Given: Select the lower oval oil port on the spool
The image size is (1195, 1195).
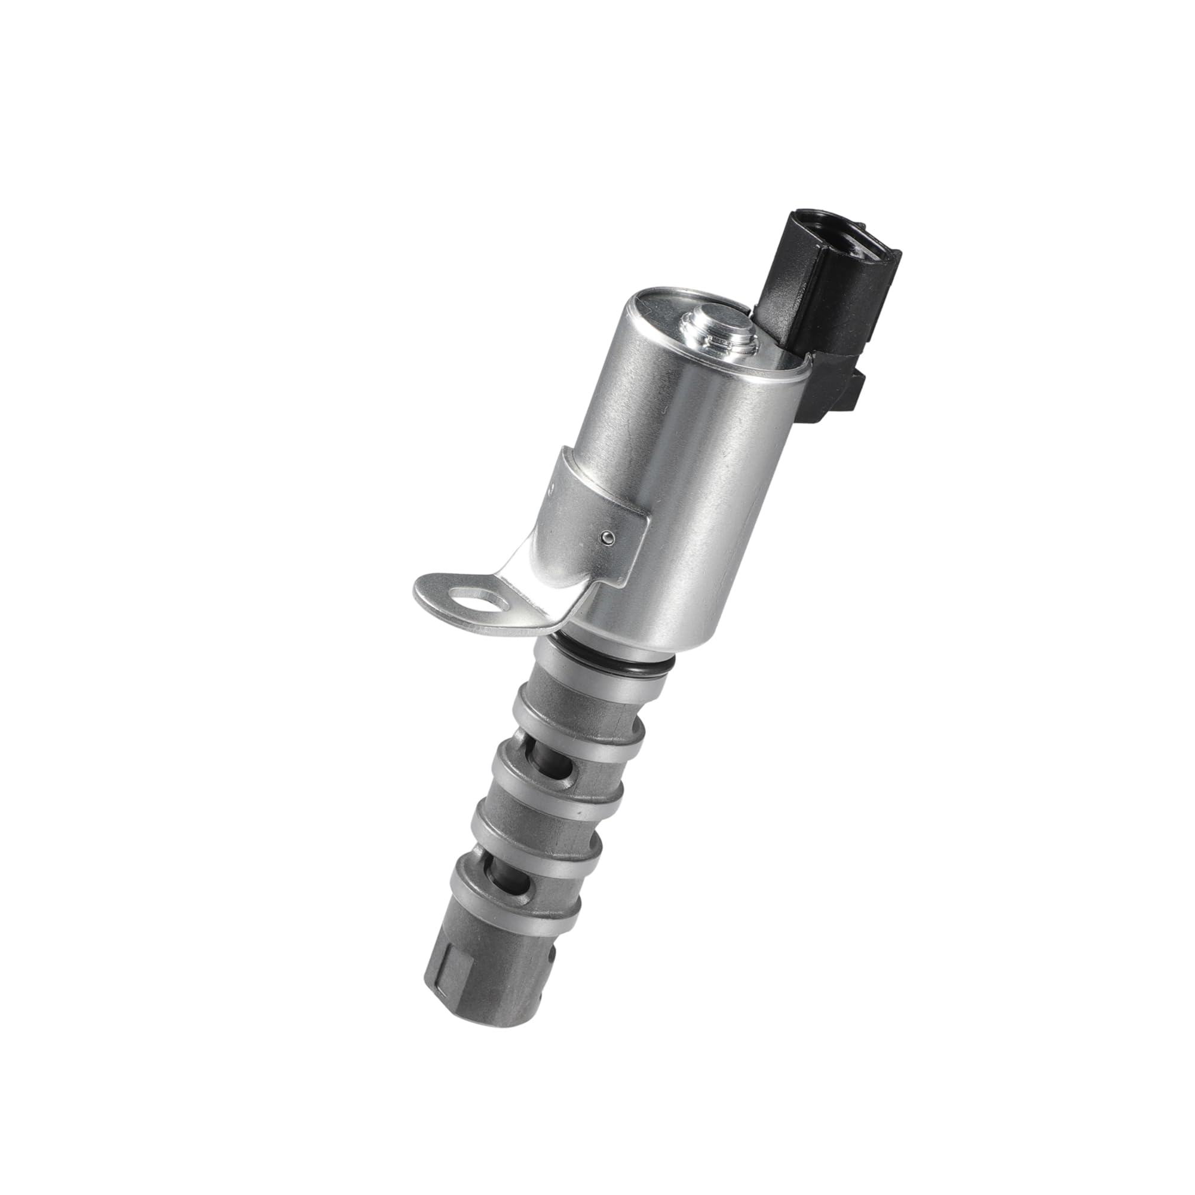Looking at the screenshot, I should tap(511, 886).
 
